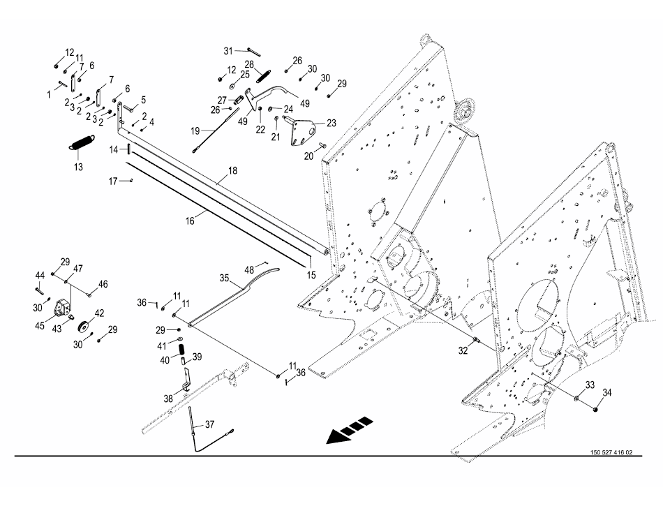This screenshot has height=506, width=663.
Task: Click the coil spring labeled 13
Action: [82, 142]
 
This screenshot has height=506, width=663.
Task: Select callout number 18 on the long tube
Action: [232, 170]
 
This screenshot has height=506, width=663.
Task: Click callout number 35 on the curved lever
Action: [225, 277]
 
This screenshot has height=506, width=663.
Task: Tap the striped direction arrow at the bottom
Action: [350, 430]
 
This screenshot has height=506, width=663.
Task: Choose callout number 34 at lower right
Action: [606, 393]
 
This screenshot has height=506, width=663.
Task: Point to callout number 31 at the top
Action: [228, 51]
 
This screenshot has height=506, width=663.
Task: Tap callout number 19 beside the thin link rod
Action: [195, 131]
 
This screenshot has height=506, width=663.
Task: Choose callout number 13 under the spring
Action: [78, 168]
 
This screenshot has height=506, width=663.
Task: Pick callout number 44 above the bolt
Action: [40, 275]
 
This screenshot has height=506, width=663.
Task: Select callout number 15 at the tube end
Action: [311, 275]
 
